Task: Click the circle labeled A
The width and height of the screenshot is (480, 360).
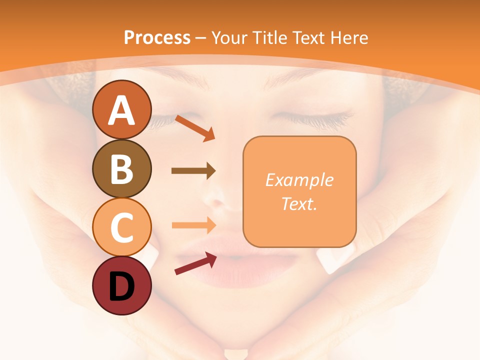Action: coord(121,109)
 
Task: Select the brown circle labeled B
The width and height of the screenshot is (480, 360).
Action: coord(121,168)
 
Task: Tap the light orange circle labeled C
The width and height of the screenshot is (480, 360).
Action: coord(121,227)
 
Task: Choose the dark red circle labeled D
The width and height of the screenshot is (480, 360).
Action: coord(121,285)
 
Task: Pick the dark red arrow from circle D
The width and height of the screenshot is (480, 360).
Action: coord(195,263)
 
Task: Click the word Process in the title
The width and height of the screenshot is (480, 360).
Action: coord(157,37)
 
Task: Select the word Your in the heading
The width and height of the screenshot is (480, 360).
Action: coord(230,37)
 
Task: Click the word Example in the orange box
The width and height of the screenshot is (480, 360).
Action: coord(299,180)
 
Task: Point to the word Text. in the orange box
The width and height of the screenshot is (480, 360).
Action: coord(299,203)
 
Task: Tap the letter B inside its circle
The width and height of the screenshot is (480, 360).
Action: coord(121,169)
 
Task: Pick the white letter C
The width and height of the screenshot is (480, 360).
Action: coord(121,227)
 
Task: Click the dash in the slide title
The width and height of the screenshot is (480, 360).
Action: coord(201,38)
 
